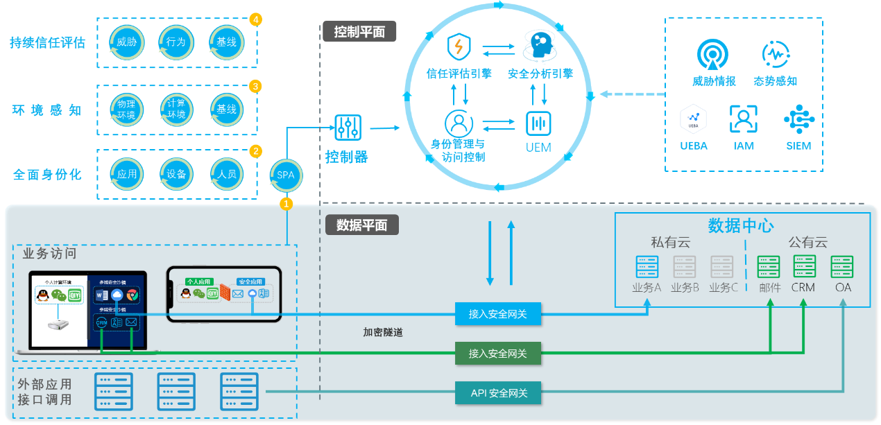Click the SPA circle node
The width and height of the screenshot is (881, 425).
[286, 175]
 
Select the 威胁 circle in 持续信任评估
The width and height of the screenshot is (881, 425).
[127, 42]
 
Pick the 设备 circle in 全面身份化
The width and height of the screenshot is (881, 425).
[176, 174]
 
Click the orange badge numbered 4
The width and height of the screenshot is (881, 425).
[256, 19]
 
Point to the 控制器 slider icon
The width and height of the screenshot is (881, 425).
[347, 128]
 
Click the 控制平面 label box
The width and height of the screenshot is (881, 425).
[359, 32]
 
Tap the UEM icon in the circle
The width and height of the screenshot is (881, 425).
[538, 124]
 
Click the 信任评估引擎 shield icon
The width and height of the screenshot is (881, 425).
[459, 47]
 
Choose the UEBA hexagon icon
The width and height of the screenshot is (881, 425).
[693, 119]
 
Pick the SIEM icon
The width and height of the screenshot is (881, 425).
[798, 119]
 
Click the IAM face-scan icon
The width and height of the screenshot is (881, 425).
[743, 119]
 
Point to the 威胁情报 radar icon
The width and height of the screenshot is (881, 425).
[714, 55]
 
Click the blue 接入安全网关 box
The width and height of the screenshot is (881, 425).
[498, 314]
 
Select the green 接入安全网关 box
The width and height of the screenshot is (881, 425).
[498, 354]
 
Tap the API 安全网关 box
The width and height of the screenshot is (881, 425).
[498, 393]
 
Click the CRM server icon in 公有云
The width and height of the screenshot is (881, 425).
[803, 267]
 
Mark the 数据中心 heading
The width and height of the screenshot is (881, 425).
[741, 225]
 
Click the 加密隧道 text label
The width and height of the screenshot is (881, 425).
[383, 333]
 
